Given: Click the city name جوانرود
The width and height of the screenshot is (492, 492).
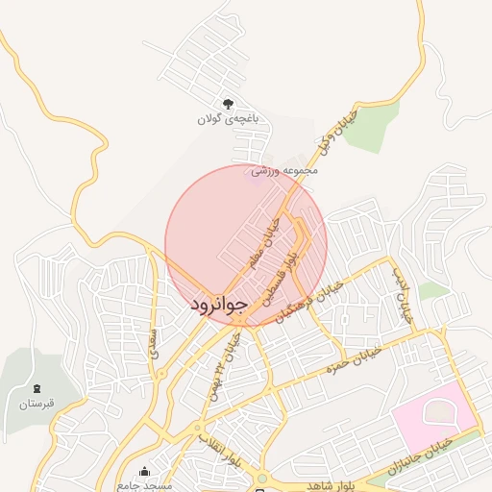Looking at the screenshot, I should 219,304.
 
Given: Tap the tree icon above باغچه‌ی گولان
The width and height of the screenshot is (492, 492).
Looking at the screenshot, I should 228,103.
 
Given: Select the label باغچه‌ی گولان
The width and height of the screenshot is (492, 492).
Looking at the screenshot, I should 229,119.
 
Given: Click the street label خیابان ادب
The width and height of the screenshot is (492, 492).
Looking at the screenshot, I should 402,294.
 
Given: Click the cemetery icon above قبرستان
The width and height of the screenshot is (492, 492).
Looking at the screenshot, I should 37,387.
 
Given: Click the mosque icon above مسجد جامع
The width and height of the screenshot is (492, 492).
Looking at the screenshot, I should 145,472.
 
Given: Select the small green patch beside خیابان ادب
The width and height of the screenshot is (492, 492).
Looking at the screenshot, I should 433,289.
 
